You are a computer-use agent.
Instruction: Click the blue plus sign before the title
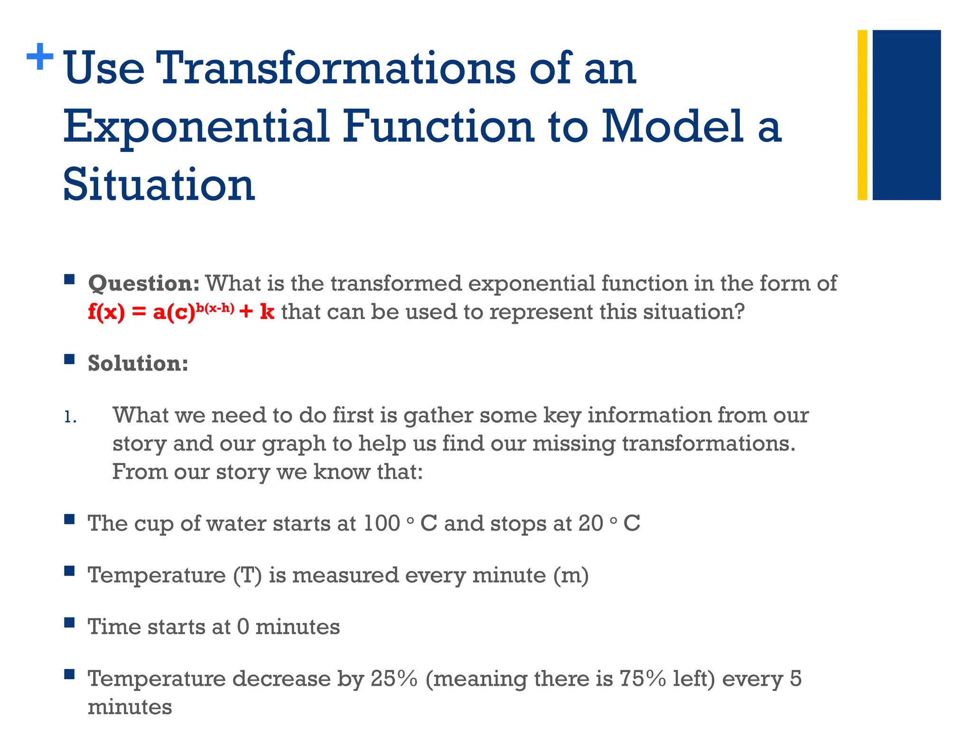click(40, 57)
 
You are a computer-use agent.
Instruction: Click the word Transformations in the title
click(337, 69)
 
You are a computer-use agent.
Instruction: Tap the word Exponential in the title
click(196, 127)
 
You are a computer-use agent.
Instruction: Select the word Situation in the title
click(159, 185)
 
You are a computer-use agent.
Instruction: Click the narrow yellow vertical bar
click(862, 115)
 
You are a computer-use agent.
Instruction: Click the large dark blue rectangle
click(907, 115)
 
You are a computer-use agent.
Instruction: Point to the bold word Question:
click(144, 283)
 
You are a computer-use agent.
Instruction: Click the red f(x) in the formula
click(106, 312)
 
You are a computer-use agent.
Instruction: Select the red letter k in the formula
click(267, 312)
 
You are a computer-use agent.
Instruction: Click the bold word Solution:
click(138, 364)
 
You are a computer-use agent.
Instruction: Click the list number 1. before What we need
click(70, 417)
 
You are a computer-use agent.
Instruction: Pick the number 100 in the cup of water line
click(382, 523)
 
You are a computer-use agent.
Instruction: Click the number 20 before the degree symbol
click(590, 523)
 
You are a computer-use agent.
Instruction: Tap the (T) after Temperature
click(247, 575)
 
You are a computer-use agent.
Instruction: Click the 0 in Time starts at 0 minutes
click(243, 627)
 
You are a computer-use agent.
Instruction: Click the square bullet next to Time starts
click(70, 622)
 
